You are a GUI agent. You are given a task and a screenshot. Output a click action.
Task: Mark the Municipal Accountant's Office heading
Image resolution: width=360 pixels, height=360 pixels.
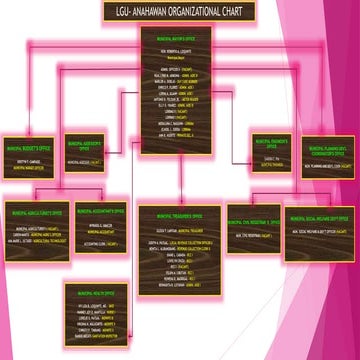coord(99,212)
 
